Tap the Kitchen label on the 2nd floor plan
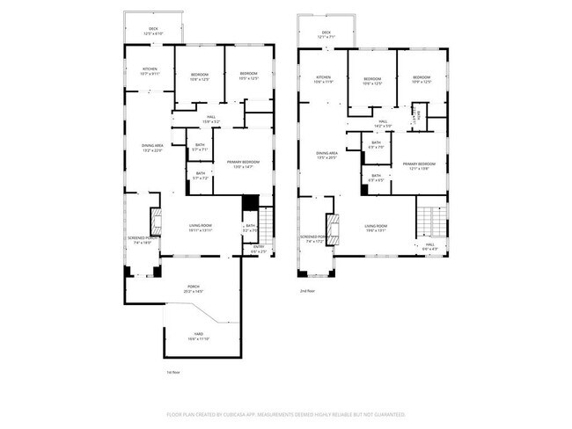pos(322,80)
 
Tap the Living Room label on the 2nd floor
pos(377,229)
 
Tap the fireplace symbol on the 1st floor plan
pos(156,220)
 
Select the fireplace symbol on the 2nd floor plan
pos(333,227)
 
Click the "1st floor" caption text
pos(173,372)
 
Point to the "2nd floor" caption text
pos(307,290)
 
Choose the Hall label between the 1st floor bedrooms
pos(211,119)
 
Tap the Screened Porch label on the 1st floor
pos(143,239)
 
